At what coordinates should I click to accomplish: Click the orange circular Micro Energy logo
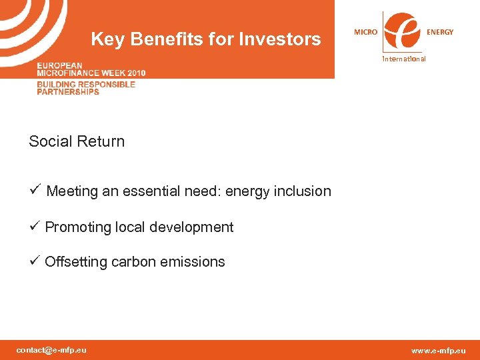403,31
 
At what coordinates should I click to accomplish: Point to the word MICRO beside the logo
365,32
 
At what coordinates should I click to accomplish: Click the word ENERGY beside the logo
440,32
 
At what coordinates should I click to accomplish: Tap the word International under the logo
403,59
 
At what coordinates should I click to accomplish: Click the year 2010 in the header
133,73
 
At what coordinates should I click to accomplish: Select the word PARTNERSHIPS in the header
68,92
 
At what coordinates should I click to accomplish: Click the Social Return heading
77,141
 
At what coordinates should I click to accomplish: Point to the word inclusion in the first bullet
303,191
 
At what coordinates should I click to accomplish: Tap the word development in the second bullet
195,227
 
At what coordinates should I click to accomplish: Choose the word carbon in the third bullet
133,262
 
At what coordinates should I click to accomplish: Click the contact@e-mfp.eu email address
51,350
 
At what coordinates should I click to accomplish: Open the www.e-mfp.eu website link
439,351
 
